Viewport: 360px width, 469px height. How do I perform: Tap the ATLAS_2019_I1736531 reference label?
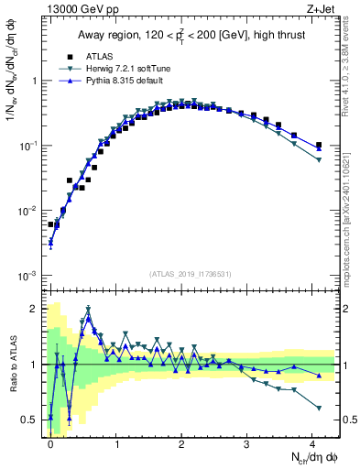(191, 274)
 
